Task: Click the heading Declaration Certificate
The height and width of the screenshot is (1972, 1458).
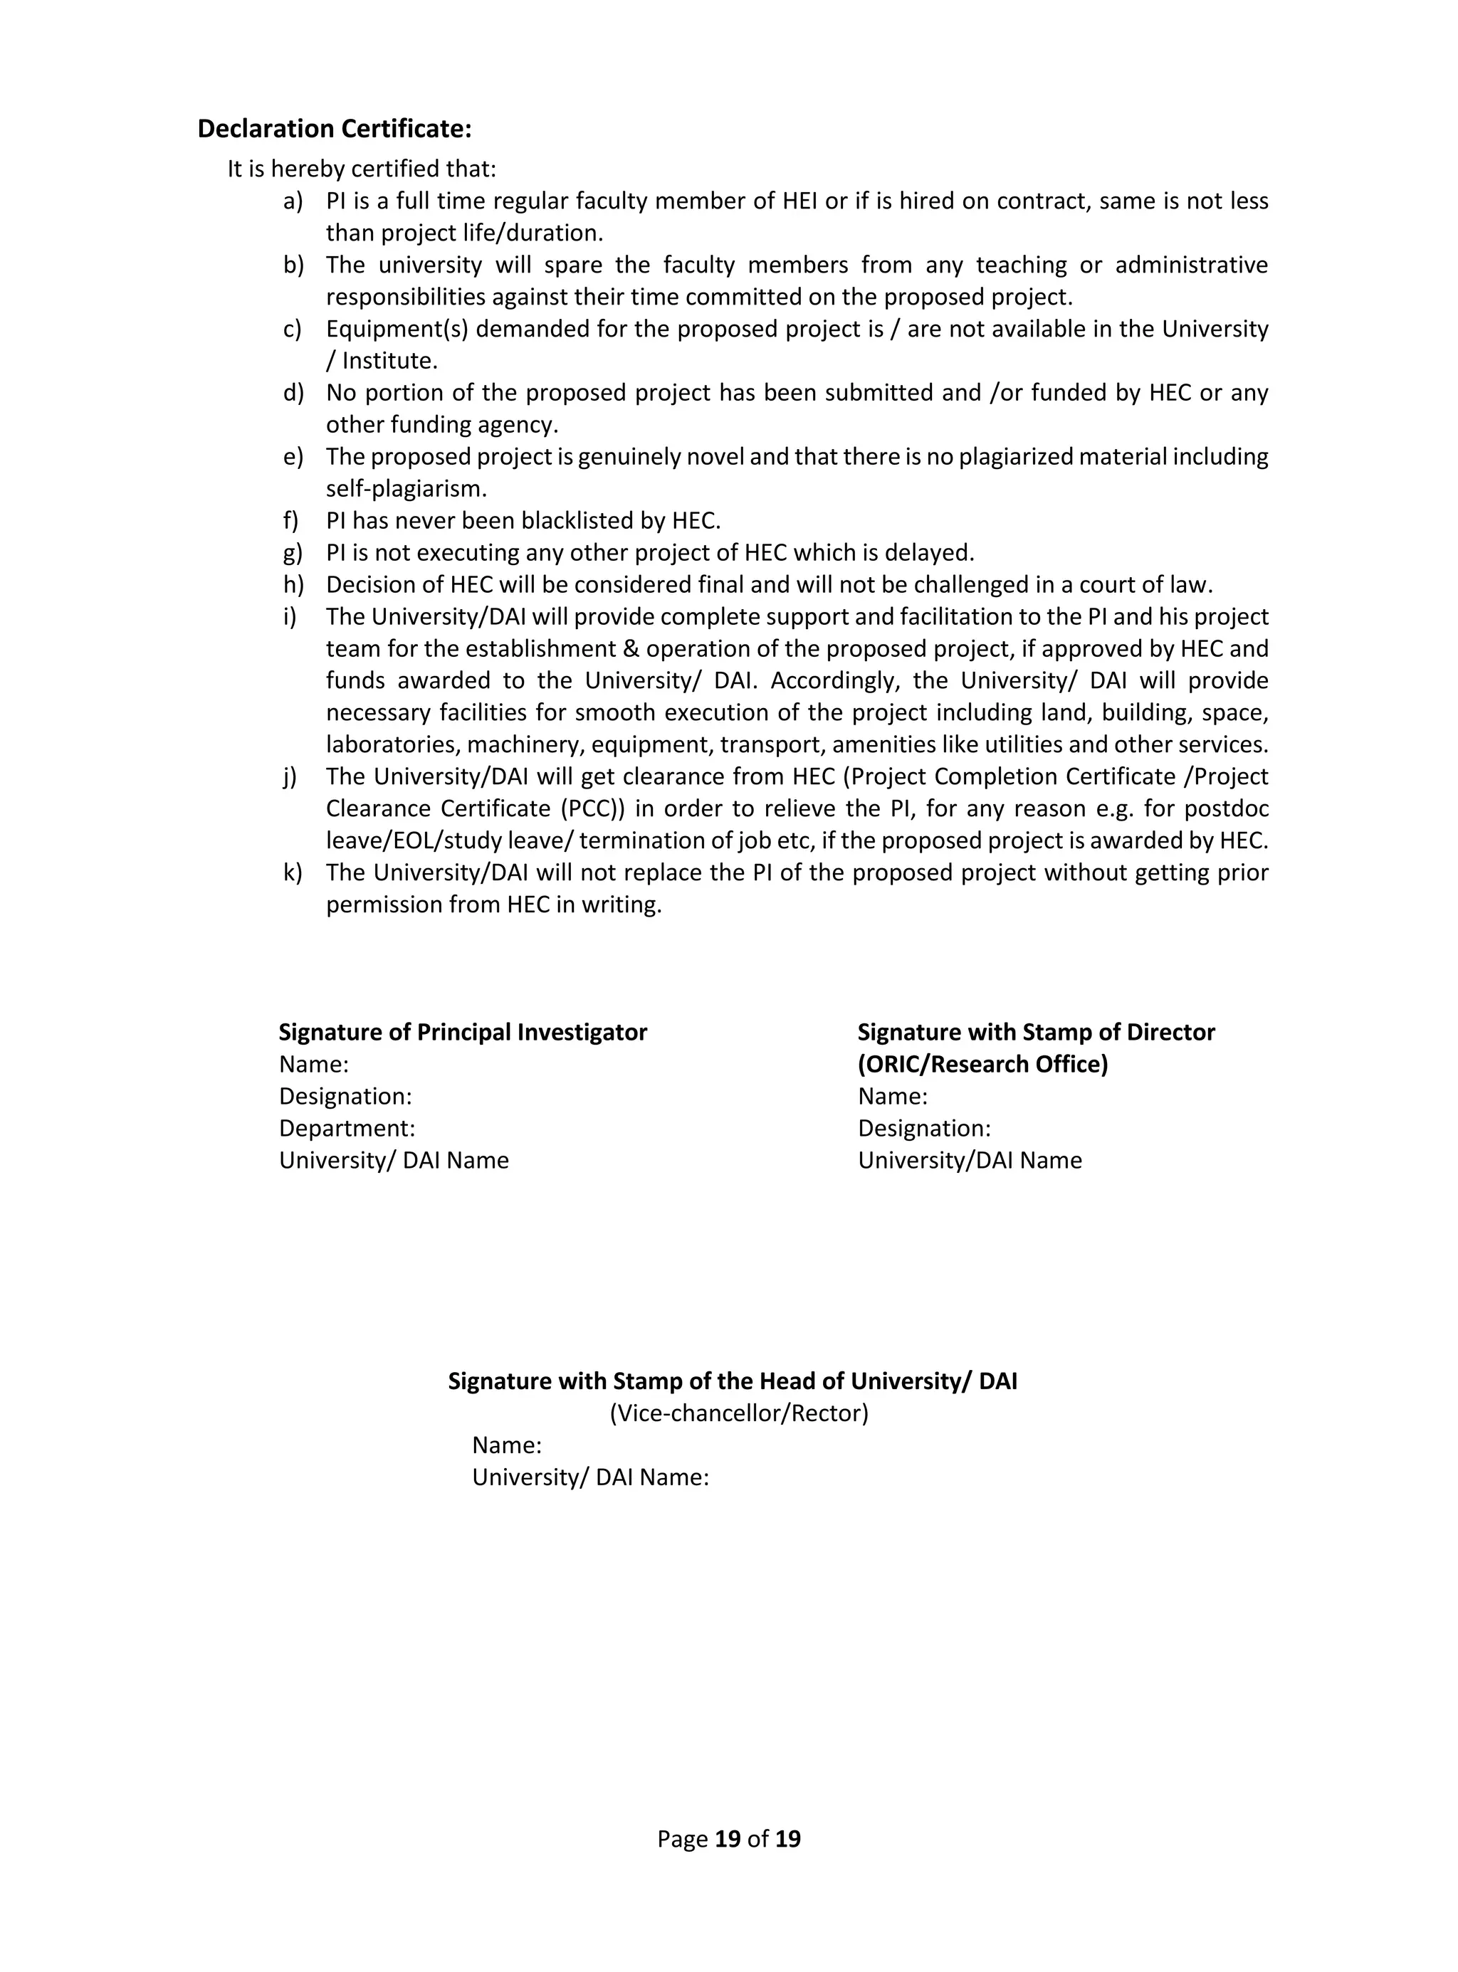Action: [x=335, y=129]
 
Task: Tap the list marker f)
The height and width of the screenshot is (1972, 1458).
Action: [x=290, y=520]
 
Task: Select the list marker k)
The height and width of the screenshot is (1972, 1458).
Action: [x=292, y=872]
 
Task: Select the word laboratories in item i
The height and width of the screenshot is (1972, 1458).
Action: [x=393, y=744]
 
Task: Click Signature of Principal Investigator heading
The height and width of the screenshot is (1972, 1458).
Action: [x=463, y=1033]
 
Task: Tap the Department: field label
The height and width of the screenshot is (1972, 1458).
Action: [x=347, y=1129]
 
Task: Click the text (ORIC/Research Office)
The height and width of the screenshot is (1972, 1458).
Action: [x=982, y=1064]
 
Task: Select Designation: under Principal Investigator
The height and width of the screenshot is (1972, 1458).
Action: [x=345, y=1097]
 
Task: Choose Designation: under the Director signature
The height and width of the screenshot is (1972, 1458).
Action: [x=924, y=1129]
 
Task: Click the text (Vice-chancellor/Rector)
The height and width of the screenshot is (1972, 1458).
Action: [x=739, y=1413]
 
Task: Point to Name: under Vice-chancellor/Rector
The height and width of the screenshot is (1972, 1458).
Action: [x=507, y=1445]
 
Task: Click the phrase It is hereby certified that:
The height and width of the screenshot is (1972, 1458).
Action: [x=362, y=169]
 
